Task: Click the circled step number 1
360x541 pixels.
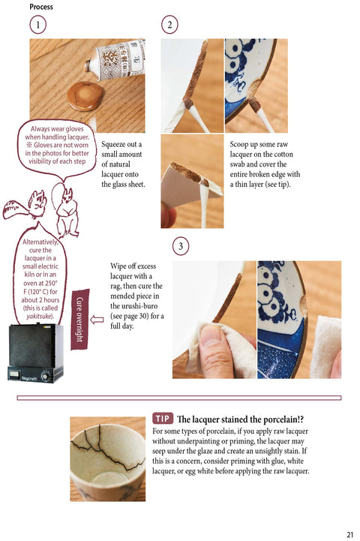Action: [x=38, y=26]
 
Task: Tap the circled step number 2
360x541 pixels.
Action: [x=169, y=26]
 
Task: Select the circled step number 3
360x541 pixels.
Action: [x=181, y=246]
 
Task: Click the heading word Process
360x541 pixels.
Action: [x=41, y=7]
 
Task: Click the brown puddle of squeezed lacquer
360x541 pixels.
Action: [x=85, y=95]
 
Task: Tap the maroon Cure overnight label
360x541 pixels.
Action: [x=80, y=319]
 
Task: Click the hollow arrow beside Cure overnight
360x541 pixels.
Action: [x=97, y=320]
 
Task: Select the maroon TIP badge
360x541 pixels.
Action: [x=163, y=419]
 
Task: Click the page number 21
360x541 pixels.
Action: [x=350, y=534]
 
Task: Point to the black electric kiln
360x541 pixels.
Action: [x=35, y=353]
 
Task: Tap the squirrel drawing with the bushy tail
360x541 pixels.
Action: [x=25, y=206]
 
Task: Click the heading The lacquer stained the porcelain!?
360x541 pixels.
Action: [x=240, y=419]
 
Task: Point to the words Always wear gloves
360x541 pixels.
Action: [x=57, y=129]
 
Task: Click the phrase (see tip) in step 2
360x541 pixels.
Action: [x=277, y=185]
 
